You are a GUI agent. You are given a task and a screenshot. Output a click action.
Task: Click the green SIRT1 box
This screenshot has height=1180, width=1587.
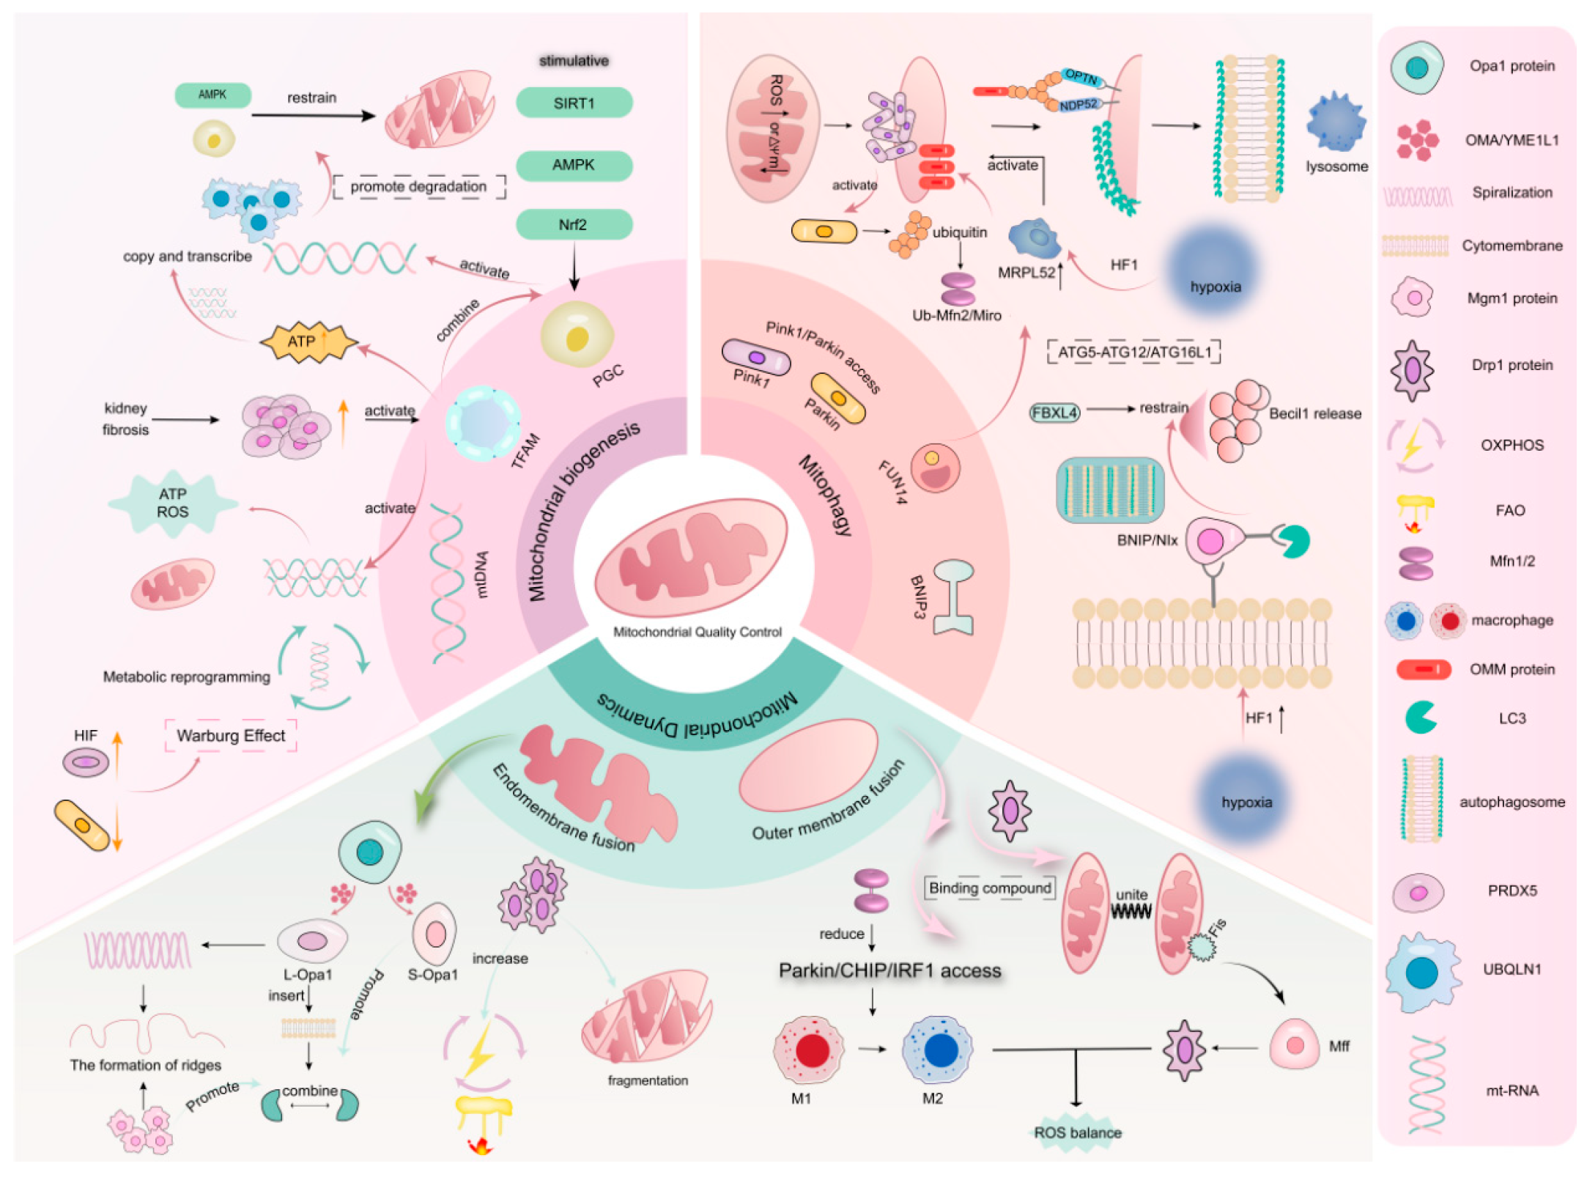coord(574,103)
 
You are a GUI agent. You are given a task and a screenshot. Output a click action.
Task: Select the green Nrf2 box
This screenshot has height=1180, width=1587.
coord(574,224)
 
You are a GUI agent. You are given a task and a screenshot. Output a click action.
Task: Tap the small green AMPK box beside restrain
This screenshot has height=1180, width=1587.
coord(212,95)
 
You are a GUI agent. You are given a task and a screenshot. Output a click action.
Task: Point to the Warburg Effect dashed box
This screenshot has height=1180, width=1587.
coord(231,736)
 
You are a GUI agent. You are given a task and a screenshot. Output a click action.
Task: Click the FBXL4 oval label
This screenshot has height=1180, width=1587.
coord(1054,413)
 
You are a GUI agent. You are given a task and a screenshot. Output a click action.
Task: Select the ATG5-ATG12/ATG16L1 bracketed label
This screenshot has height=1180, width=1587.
coord(1134,353)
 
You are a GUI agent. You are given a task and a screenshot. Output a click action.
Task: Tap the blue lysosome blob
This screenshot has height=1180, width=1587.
coord(1336,122)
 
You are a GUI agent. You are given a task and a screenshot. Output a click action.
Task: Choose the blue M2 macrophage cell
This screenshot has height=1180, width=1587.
coord(939,1050)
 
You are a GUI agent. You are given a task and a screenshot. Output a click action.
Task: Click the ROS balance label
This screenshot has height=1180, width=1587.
coord(1077,1132)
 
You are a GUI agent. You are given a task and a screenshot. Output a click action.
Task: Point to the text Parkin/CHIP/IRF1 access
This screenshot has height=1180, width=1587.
coord(889,970)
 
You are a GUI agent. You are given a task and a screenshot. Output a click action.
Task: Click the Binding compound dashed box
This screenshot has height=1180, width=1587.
coord(989,888)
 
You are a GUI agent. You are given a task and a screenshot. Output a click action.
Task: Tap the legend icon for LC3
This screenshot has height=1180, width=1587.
coord(1420,718)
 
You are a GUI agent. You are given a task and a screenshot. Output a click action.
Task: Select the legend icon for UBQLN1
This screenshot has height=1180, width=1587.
coord(1422,972)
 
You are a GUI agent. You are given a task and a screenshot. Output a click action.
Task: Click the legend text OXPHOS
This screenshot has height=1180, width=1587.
coord(1512,445)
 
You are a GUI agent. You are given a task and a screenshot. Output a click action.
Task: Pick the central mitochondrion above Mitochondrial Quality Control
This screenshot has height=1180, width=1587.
coord(692,557)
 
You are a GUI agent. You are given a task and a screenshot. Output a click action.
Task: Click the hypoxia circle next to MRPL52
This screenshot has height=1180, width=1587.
coord(1214,273)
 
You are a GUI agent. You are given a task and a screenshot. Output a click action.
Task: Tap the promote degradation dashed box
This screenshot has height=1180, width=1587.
coord(418,187)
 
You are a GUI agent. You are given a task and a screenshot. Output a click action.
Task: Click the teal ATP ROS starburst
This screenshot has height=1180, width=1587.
coord(173,503)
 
